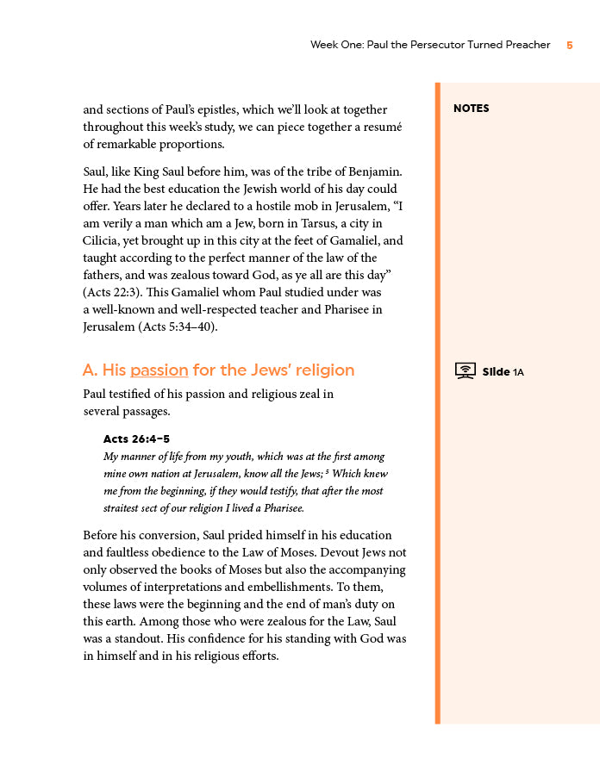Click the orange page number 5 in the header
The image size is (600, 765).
point(570,45)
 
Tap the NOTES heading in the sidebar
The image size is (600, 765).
point(471,109)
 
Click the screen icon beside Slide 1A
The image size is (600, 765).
point(465,371)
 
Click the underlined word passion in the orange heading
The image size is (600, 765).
point(159,370)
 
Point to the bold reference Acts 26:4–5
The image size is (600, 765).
point(136,439)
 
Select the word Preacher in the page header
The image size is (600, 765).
point(527,45)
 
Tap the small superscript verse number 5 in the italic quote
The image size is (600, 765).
point(328,471)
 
